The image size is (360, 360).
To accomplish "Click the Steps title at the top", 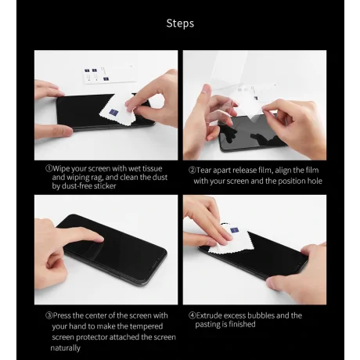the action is tap(180, 23).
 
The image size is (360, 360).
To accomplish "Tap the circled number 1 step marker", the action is tap(49, 168).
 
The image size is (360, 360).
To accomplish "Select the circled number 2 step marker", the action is tap(192, 171).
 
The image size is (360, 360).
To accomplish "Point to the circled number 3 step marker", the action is tap(49, 315).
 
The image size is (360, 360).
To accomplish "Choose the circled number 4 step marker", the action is tap(192, 315).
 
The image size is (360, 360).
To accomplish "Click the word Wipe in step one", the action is tap(61, 169).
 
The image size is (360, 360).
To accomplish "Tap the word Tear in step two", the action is tap(203, 171).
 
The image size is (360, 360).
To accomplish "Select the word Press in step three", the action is tap(62, 315).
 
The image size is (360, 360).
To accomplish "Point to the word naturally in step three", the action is tap(66, 348).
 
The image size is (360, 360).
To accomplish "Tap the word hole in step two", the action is tap(315, 181).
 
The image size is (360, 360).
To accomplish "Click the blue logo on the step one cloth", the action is tap(113, 113).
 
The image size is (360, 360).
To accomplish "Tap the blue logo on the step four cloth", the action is tap(235, 230).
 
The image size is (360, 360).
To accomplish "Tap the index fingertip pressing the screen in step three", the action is tap(100, 239).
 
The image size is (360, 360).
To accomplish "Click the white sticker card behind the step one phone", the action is tap(109, 74).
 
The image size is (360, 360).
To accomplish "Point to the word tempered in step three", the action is tap(146, 326).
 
